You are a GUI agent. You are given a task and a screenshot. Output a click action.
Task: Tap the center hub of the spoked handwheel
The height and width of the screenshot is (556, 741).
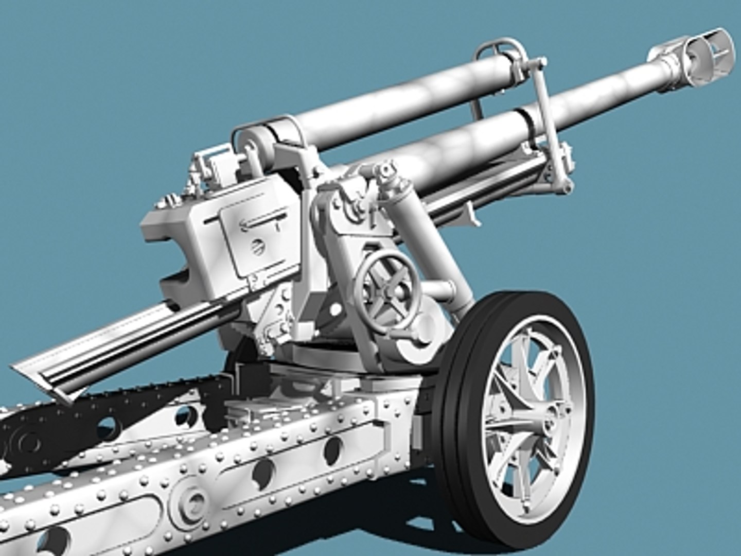(387, 291)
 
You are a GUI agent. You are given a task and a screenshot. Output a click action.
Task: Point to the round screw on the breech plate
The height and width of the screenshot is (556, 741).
(256, 247)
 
